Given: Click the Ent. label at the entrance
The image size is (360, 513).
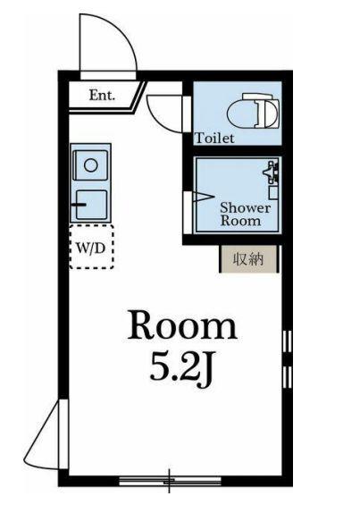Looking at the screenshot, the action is (102, 96).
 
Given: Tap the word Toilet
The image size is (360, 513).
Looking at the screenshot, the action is (214, 138).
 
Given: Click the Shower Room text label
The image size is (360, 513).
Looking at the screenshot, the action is (246, 214).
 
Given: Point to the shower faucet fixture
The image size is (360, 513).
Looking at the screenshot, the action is (271, 172).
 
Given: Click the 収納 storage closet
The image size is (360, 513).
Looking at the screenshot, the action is (248, 259).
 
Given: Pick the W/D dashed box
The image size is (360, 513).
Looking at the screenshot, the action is (91, 247).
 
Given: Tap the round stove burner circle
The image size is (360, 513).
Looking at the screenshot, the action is (90, 165).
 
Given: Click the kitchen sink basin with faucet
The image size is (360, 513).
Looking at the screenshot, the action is (90, 205).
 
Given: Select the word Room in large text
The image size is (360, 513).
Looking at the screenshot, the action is (182, 324).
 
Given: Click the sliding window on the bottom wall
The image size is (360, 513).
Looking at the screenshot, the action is (170, 481).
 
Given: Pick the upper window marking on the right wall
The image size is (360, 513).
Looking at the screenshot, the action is (288, 341).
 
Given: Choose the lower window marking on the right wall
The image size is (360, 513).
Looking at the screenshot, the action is (288, 377).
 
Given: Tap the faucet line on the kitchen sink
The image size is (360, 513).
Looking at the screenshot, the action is (79, 206).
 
